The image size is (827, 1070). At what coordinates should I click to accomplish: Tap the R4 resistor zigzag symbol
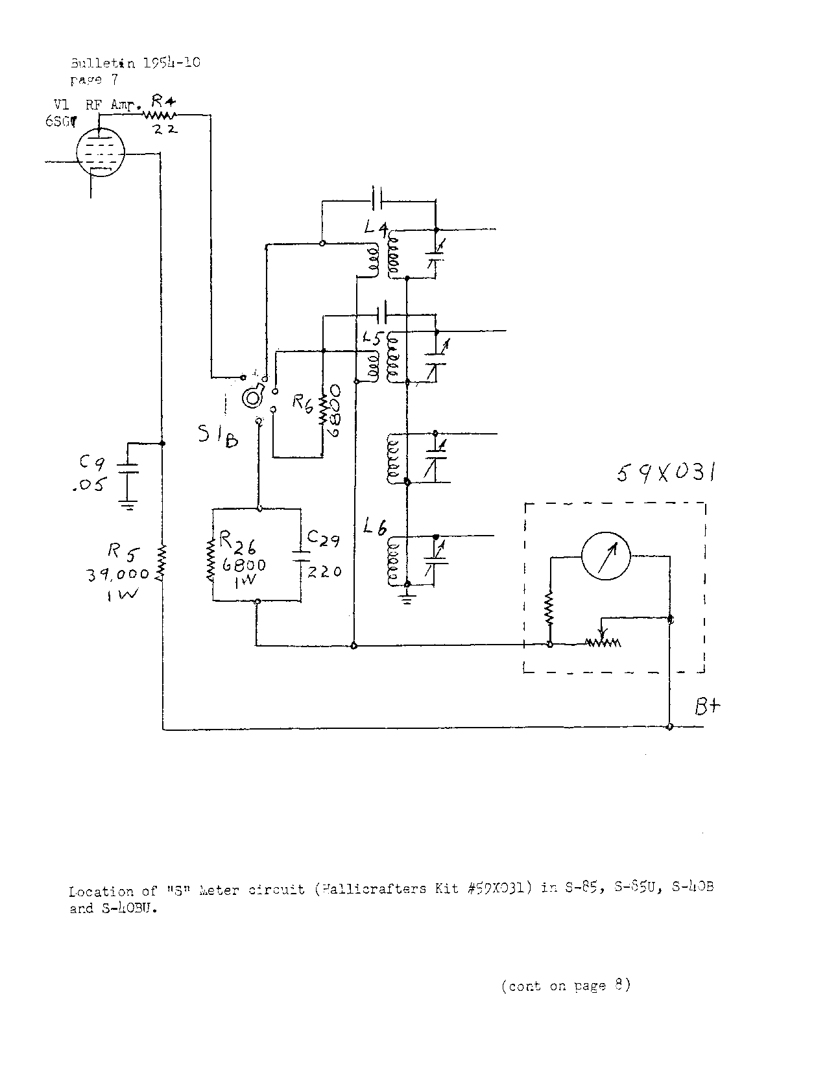click(x=159, y=115)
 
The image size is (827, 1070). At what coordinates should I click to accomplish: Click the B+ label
click(x=708, y=706)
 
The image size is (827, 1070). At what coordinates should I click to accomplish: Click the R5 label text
click(x=123, y=552)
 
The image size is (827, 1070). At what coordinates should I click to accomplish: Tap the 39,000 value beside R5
click(x=118, y=574)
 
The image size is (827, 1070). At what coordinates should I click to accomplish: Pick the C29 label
click(x=323, y=538)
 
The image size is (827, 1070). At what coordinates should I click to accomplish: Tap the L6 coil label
click(x=376, y=529)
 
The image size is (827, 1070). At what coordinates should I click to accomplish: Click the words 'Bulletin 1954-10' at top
click(x=135, y=63)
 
